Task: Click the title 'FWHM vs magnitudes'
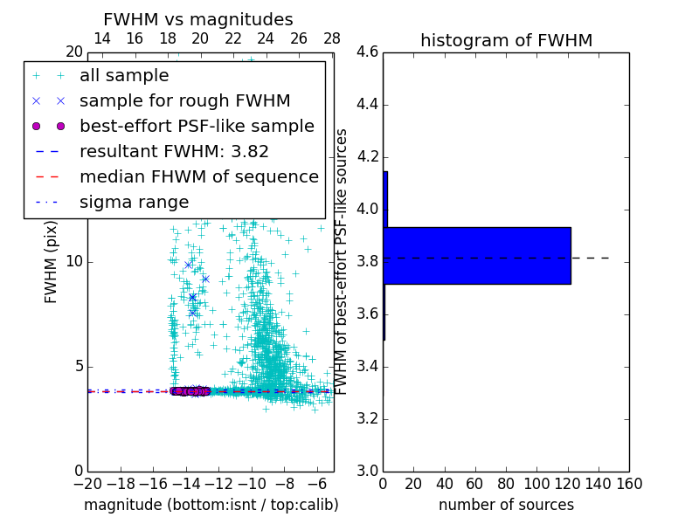click(x=197, y=19)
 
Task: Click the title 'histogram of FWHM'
click(x=506, y=40)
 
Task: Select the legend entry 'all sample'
click(x=124, y=76)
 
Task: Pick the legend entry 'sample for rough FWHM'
click(x=184, y=100)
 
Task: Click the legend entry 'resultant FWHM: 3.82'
click(x=174, y=151)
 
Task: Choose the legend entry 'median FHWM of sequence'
click(x=198, y=176)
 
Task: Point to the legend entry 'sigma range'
click(x=134, y=202)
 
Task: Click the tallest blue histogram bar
click(x=477, y=255)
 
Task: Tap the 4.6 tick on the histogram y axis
click(x=368, y=52)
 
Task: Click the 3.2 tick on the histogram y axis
click(x=368, y=418)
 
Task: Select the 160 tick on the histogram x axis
click(x=629, y=482)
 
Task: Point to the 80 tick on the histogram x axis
click(x=506, y=482)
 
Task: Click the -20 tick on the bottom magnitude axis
click(x=87, y=482)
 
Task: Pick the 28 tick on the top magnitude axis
click(x=332, y=39)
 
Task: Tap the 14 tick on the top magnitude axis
click(x=101, y=39)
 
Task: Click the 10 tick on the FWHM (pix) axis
click(x=73, y=262)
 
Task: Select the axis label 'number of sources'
click(x=506, y=505)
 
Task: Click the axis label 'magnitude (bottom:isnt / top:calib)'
click(x=211, y=505)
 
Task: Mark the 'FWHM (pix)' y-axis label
click(x=52, y=262)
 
